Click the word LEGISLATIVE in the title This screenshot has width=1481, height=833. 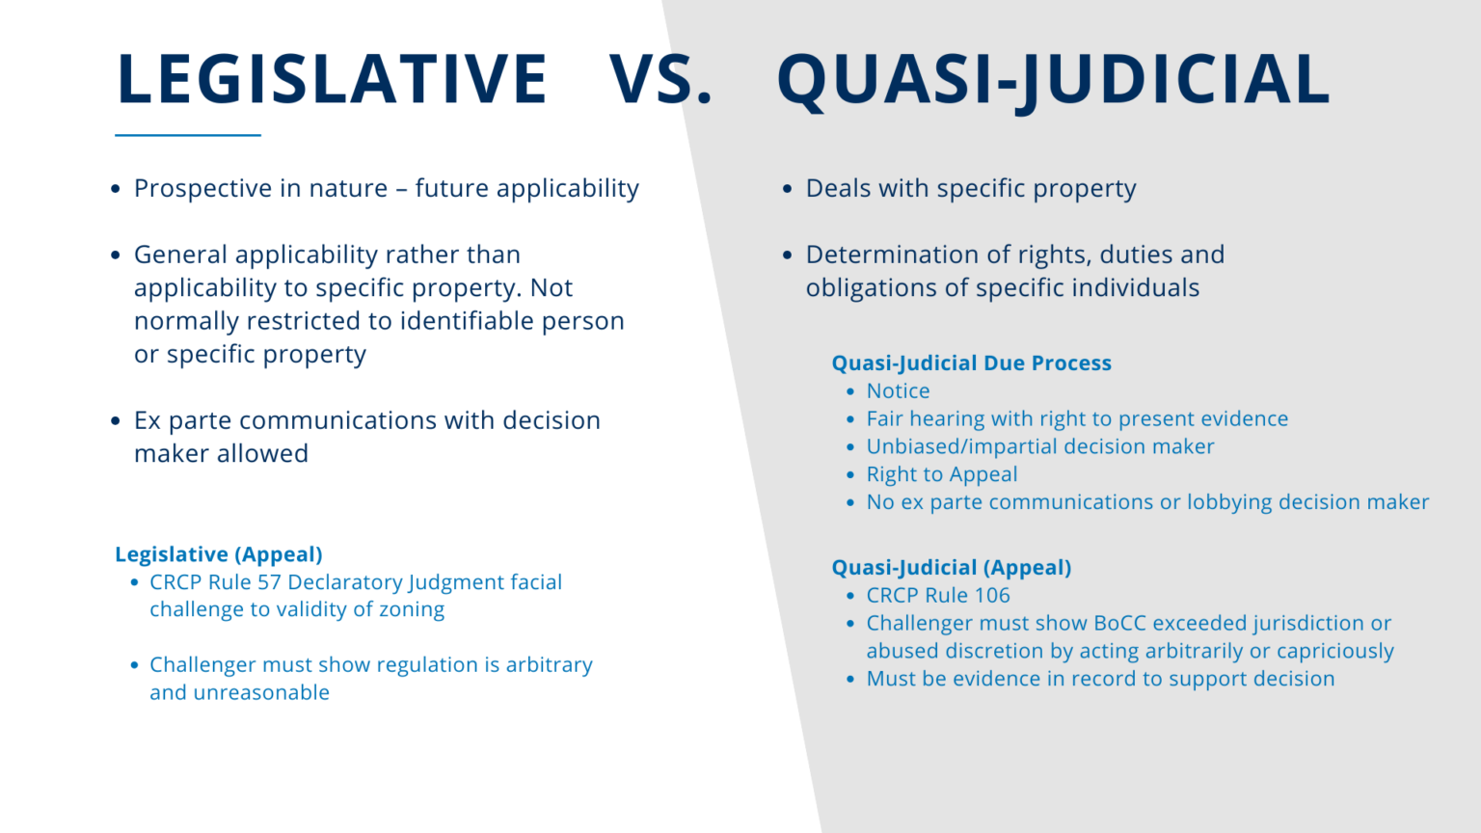[332, 79]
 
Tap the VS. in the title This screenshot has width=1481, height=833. [660, 79]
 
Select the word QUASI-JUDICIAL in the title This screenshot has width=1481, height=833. [1053, 79]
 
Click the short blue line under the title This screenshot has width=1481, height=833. [188, 135]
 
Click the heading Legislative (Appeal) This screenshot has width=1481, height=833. [219, 554]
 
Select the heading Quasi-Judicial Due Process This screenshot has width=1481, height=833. [971, 363]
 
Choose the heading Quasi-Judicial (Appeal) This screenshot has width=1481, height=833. [951, 568]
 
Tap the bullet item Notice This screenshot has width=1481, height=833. [898, 391]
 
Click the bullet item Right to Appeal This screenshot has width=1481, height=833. [941, 474]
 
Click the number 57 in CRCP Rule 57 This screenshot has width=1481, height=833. [269, 582]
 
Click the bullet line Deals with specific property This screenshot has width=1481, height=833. [970, 189]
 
